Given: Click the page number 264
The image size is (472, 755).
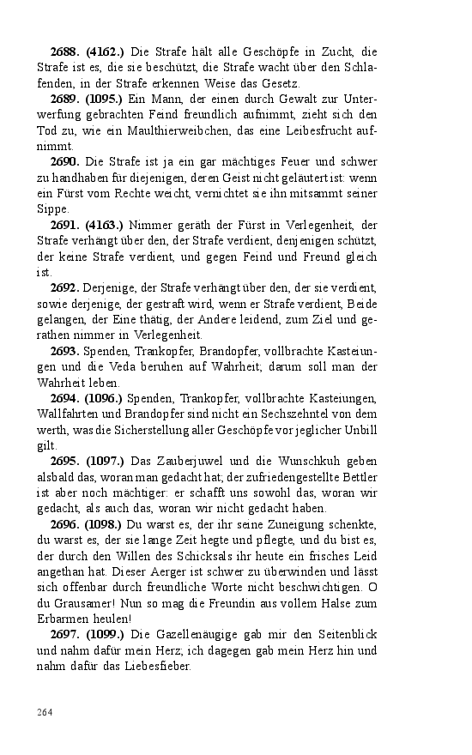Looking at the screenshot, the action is point(45,711).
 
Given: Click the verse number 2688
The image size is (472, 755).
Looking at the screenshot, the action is point(66,51).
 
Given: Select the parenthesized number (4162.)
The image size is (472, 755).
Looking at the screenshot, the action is point(105,51).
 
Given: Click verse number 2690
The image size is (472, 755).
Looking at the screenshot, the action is point(66,162).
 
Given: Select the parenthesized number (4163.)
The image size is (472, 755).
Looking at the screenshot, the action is point(105,225).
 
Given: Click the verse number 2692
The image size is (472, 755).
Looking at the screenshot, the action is point(66,287).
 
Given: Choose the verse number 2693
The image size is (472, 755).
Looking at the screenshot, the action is point(66,351).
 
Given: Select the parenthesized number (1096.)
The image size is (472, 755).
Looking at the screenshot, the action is point(105,398).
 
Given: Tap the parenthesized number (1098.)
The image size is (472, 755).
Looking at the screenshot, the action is point(105,523).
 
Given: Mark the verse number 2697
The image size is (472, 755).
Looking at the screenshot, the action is point(66,634).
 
